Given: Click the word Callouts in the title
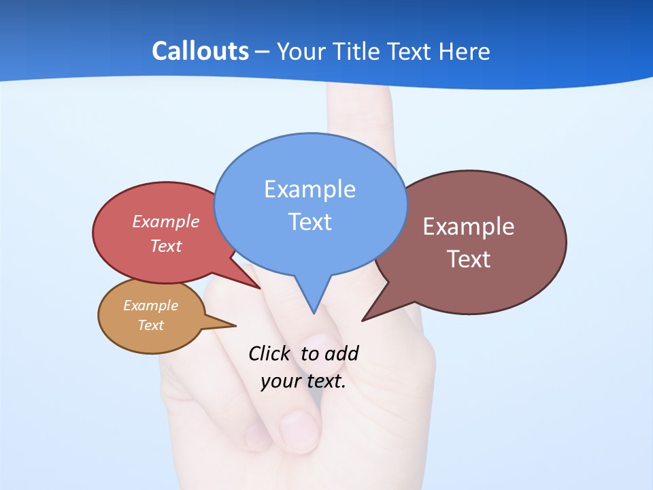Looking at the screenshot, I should tap(200, 51).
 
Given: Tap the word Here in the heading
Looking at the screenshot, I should tap(465, 51).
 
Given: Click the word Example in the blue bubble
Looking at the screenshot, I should tap(309, 189).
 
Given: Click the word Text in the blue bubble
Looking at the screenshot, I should tap(310, 222).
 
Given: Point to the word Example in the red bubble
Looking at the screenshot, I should tap(166, 222).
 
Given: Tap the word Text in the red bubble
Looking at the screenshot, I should tap(166, 246).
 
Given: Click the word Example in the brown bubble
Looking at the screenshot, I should tap(469, 227).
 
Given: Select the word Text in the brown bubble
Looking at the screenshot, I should tap(469, 259).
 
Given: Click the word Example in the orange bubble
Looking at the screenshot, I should tap(150, 306).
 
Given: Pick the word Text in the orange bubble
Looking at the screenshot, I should tap(151, 325).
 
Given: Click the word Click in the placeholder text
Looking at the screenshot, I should tap(270, 353).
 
